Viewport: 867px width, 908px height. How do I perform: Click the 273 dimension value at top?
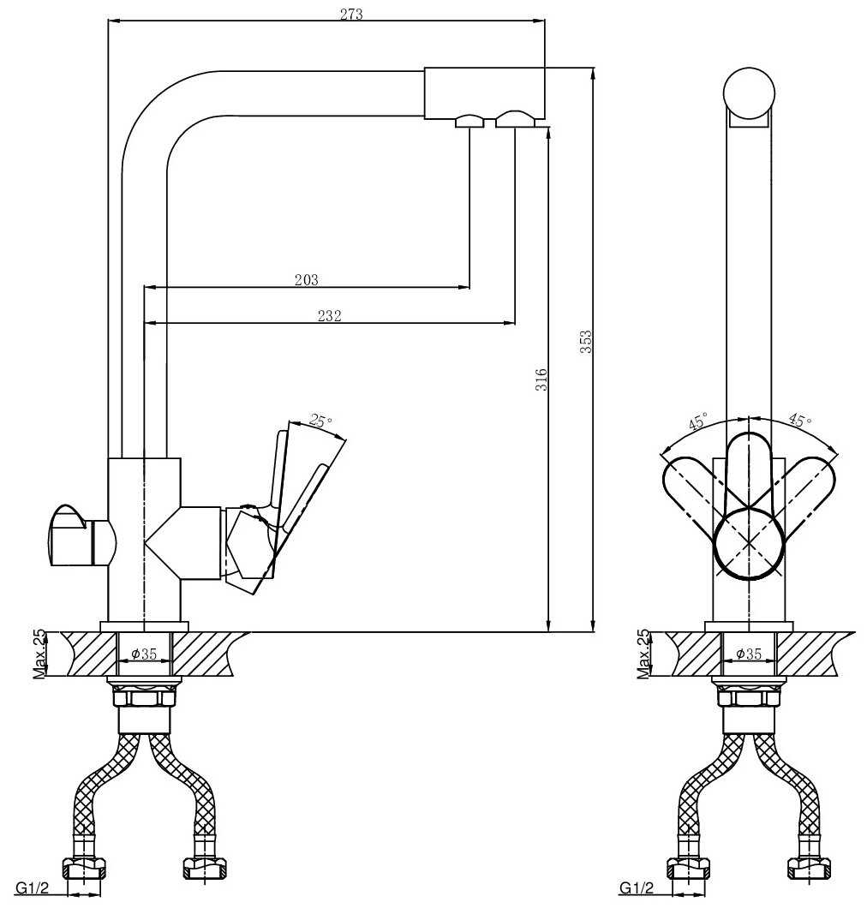351,14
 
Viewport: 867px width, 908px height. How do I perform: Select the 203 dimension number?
306,279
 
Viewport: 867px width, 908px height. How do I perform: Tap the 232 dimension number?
329,315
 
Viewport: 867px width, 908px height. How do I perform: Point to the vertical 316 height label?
541,379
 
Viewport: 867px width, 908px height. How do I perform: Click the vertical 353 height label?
587,343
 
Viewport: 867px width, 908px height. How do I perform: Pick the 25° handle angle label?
320,421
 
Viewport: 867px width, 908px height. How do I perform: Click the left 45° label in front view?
698,422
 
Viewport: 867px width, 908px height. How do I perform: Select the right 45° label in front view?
799,421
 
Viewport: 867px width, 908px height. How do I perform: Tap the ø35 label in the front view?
749,654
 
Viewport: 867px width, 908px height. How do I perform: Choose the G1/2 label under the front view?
637,887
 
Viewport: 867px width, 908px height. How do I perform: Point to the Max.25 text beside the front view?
643,654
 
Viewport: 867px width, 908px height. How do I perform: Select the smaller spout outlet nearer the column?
469,122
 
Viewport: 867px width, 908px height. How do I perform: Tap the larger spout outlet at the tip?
514,119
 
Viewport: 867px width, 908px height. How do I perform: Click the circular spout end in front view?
749,93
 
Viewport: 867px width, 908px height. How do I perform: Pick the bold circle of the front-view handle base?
749,543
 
